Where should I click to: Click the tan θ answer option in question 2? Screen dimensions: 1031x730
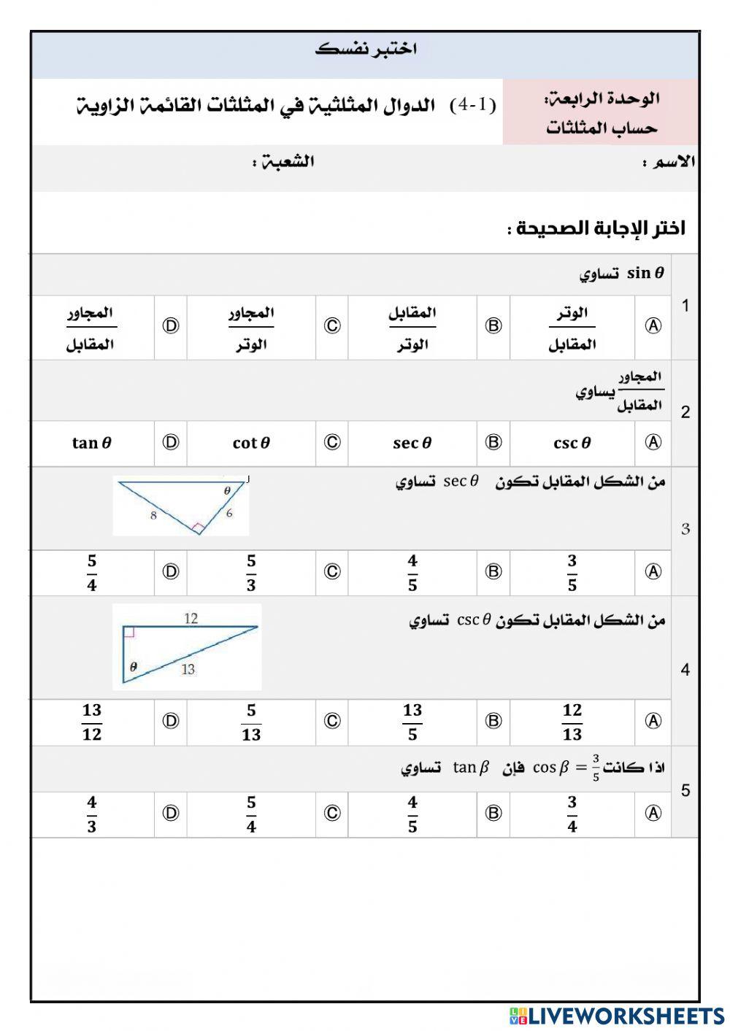91,443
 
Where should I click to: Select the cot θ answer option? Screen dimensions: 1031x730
251,443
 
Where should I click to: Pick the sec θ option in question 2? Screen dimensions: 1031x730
412,443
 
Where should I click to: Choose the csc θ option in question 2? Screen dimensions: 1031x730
572,443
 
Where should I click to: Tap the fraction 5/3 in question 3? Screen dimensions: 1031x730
251,573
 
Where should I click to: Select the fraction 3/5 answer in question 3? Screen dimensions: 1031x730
572,573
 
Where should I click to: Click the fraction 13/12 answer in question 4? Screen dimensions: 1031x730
91,722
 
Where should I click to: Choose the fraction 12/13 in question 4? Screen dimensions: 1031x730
572,722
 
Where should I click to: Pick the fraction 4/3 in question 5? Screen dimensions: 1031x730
91,814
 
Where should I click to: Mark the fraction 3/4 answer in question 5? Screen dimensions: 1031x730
572,814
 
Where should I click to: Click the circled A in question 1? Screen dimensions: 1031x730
653,326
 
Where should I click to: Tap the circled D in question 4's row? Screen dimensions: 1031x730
170,722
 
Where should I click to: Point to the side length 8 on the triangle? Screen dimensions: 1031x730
153,516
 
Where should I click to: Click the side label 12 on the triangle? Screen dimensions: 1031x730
191,619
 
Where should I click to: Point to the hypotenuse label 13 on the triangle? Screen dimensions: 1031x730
188,669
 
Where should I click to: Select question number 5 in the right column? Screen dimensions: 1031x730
685,791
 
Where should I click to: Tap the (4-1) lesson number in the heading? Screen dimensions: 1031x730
472,105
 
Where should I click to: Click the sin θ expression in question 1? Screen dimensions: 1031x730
645,274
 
